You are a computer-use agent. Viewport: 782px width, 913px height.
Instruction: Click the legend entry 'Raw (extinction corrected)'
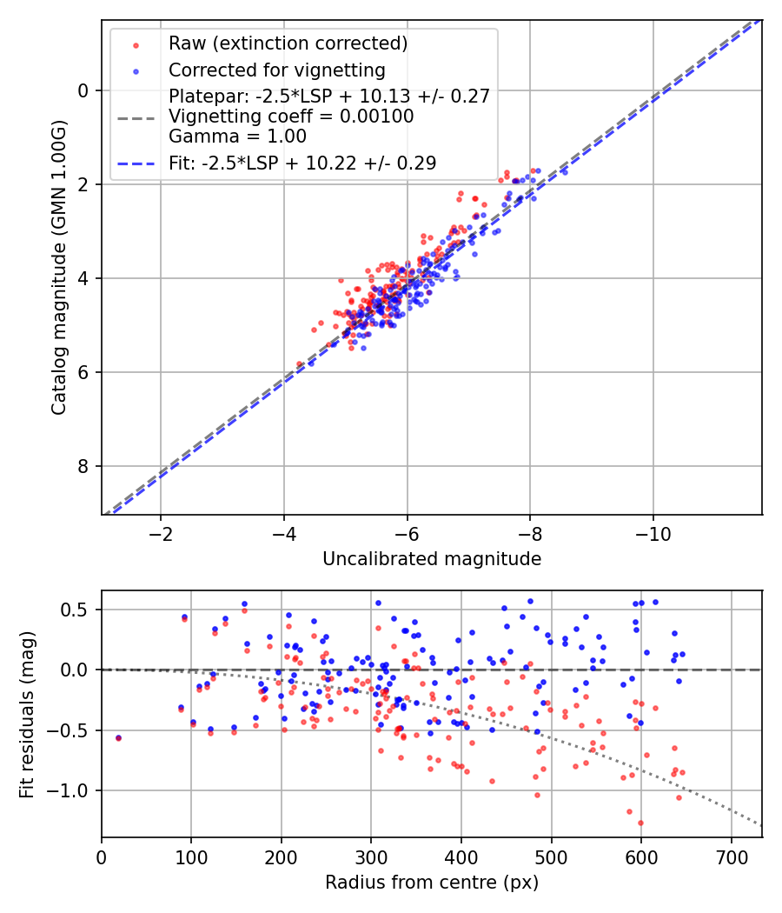tap(288, 43)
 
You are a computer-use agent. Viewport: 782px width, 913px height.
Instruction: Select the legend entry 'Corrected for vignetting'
tap(276, 70)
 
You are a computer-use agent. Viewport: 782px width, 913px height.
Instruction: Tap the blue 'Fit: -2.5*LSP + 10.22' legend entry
tap(302, 163)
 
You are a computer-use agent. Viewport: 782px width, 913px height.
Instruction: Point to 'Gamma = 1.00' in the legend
tap(237, 136)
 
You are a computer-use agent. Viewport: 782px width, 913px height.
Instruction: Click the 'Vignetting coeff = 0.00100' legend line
tap(291, 116)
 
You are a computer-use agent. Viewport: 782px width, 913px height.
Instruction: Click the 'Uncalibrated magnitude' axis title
tap(432, 559)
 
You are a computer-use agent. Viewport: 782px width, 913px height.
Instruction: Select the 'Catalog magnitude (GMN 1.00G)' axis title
tap(58, 267)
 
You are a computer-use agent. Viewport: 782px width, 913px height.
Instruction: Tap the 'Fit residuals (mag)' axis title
tap(27, 714)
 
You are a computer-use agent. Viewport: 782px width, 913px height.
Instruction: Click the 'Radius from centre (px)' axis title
tap(432, 883)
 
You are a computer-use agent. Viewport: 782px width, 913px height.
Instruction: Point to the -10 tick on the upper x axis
tap(653, 533)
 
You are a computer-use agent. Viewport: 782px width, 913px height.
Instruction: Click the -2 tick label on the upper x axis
tap(160, 533)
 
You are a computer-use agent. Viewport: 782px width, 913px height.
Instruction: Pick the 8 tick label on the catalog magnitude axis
tap(84, 467)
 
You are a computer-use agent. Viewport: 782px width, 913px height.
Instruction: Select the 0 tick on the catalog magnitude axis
tap(84, 90)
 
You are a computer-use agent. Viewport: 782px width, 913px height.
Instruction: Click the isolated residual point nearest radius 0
tap(118, 737)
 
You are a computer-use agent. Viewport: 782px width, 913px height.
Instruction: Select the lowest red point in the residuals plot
tap(640, 823)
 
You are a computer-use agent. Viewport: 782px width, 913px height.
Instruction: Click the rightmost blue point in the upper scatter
tap(565, 172)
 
